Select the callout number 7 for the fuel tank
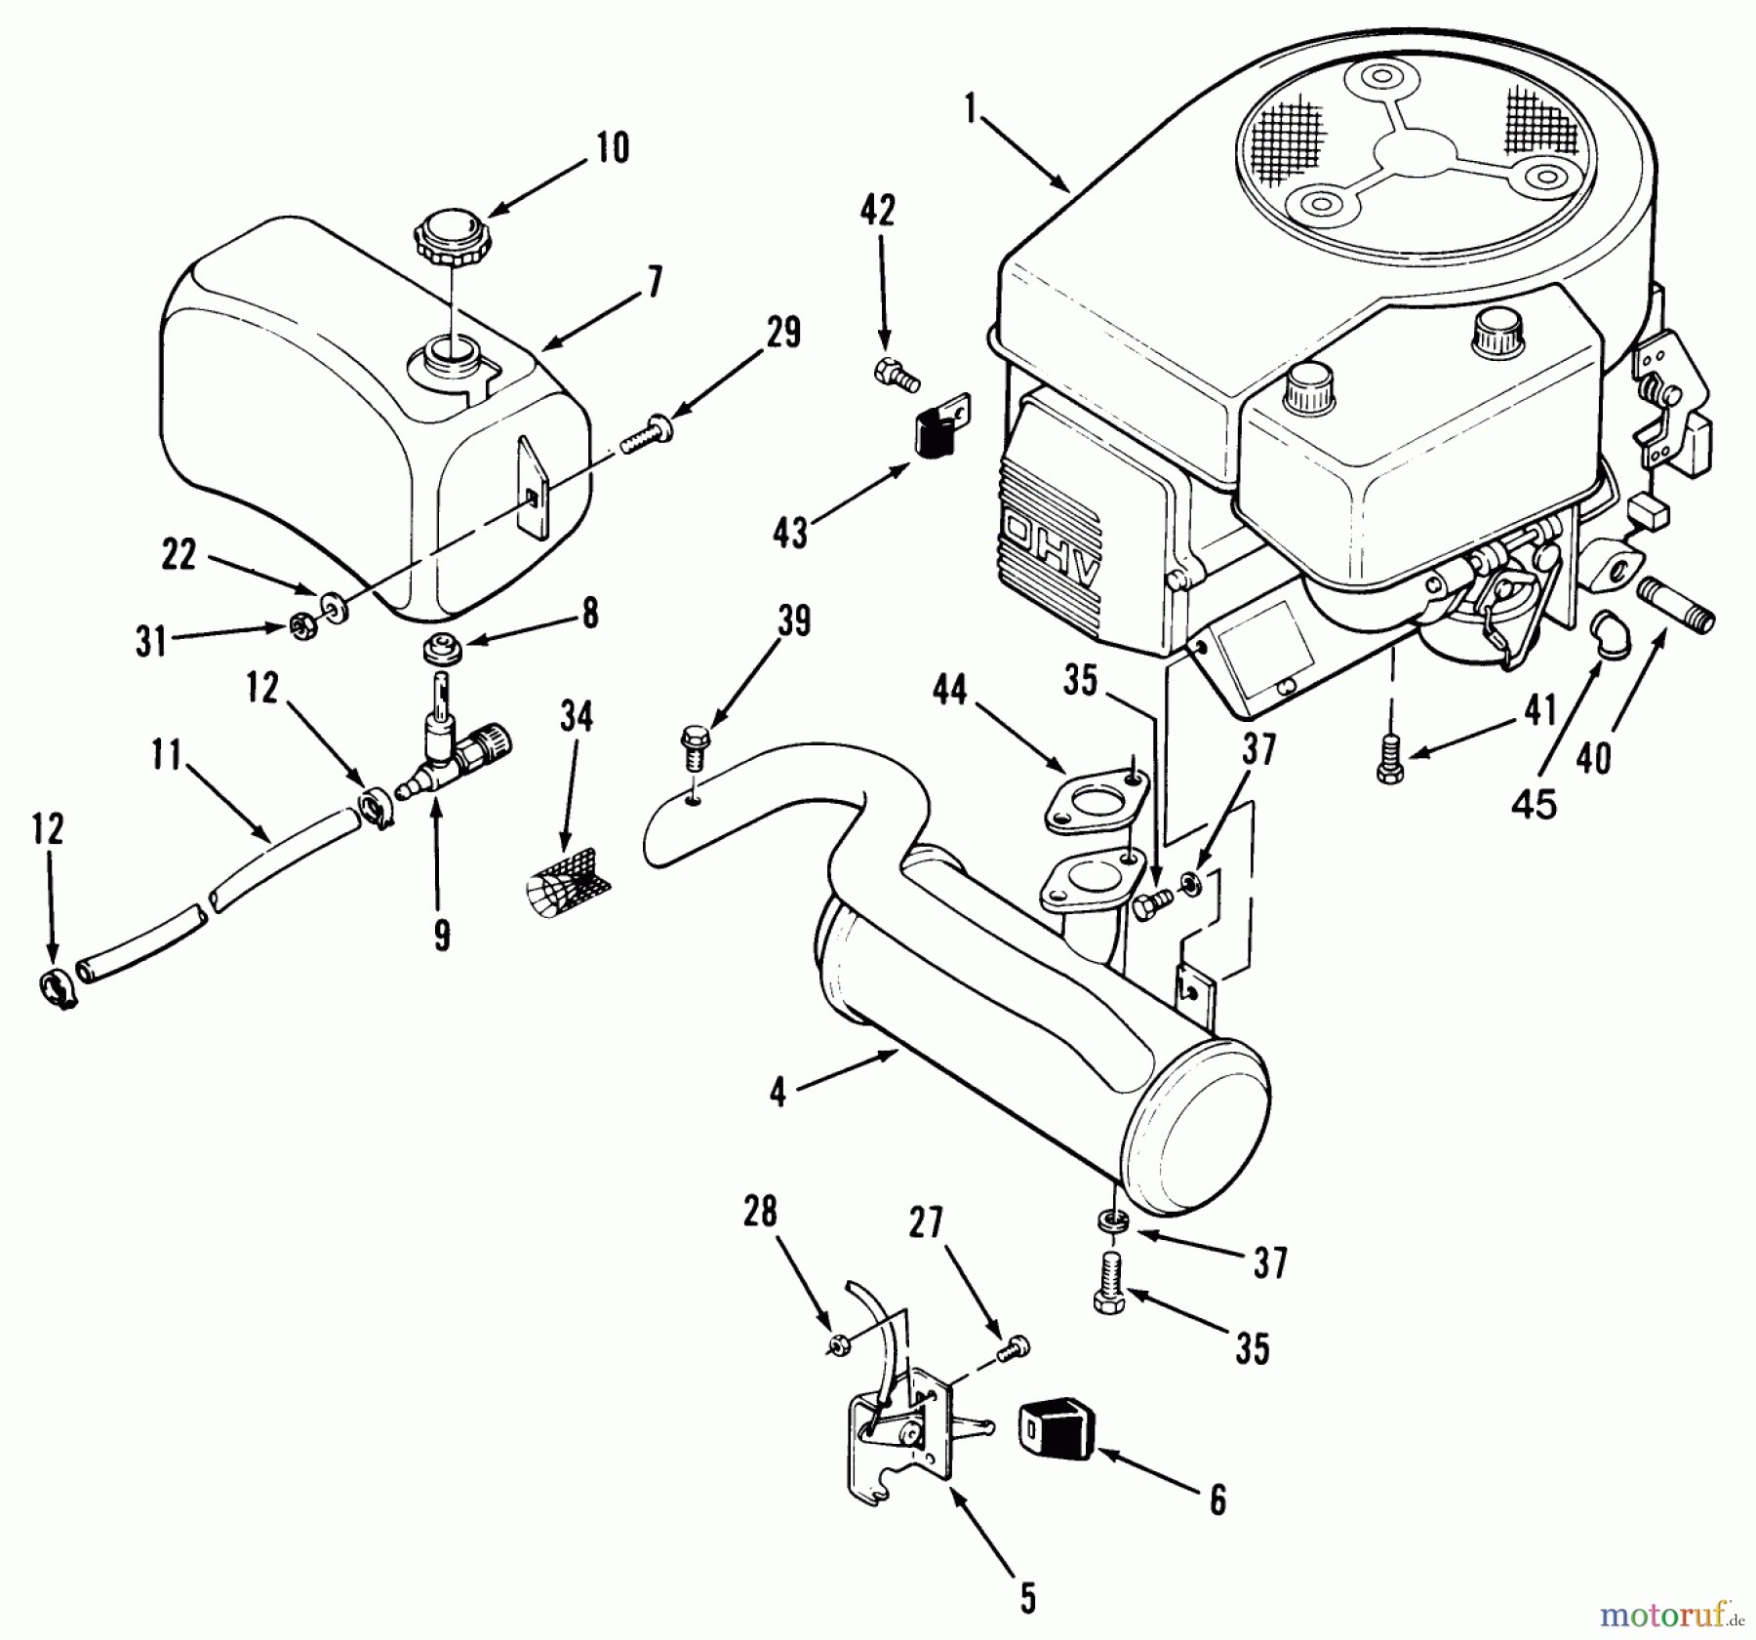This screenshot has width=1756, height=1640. pyautogui.click(x=654, y=284)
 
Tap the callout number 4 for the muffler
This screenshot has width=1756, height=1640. pyautogui.click(x=778, y=1094)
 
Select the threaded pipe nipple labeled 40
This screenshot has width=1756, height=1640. pyautogui.click(x=1677, y=620)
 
